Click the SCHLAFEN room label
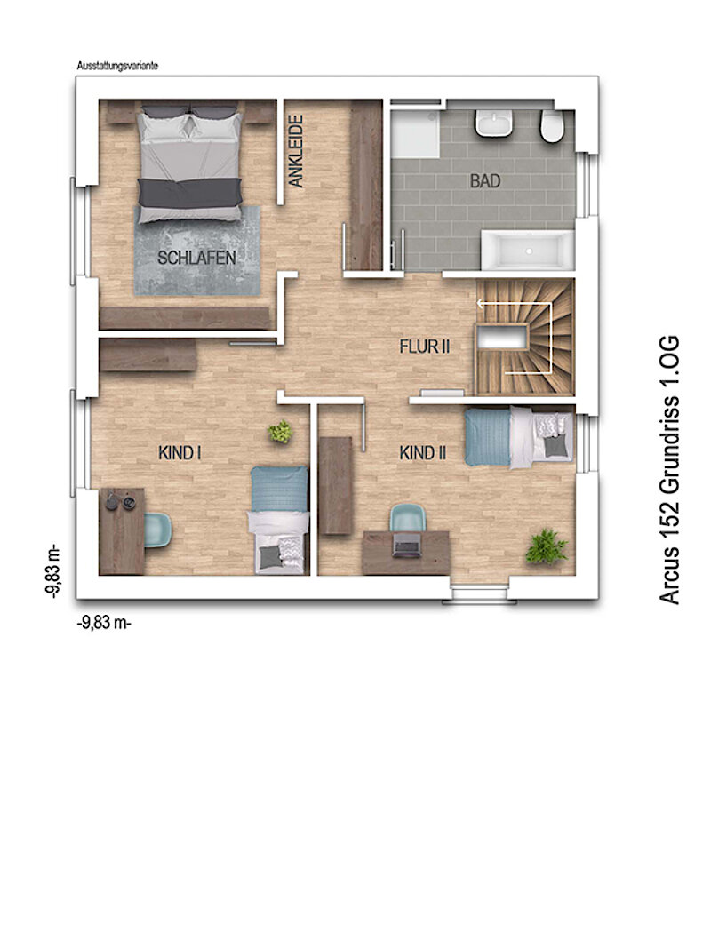[x=196, y=259]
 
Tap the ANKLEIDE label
[x=295, y=151]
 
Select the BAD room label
[x=485, y=180]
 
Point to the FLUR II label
[x=425, y=347]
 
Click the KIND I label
[x=180, y=453]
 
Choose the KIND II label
[x=423, y=453]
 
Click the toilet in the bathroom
[x=551, y=126]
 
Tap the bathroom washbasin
[x=494, y=123]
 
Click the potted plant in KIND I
[x=281, y=432]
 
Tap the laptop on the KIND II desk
[x=406, y=546]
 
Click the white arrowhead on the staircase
[x=481, y=304]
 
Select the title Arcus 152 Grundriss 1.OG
[x=670, y=471]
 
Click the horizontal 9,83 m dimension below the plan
[x=104, y=623]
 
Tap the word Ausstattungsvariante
[x=117, y=66]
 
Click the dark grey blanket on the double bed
[x=190, y=192]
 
